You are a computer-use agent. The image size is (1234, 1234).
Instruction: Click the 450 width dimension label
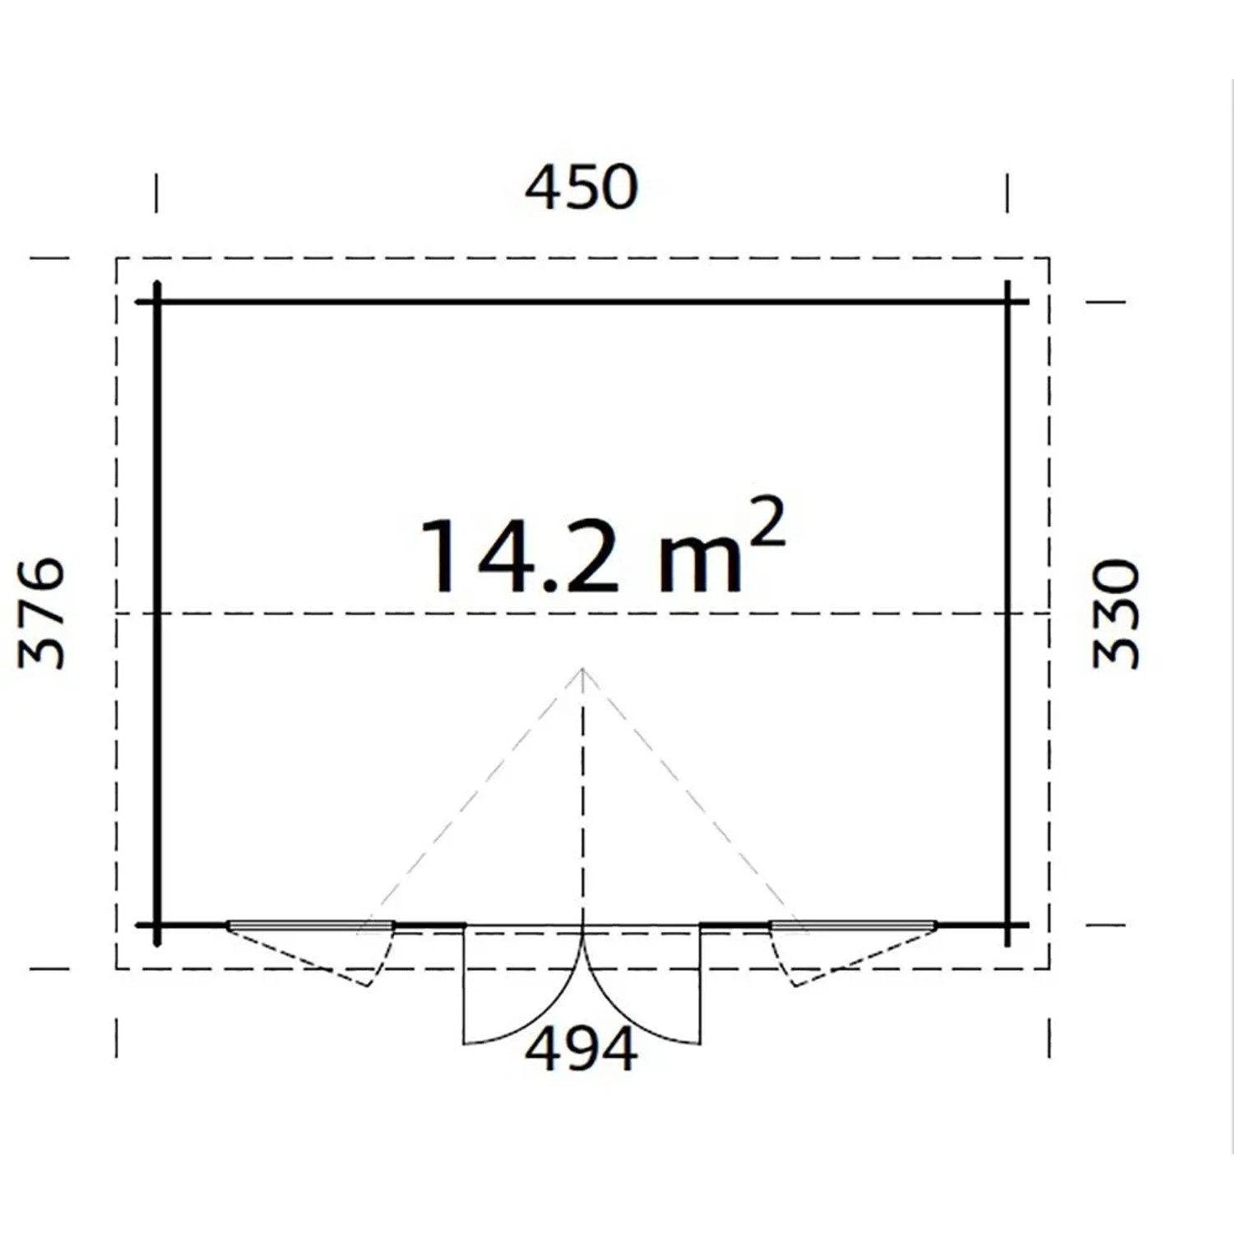[x=581, y=188]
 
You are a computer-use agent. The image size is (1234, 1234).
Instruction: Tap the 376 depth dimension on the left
[x=41, y=613]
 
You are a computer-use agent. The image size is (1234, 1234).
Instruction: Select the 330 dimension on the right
[x=1116, y=614]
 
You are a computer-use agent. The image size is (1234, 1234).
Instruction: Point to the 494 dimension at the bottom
[x=581, y=1049]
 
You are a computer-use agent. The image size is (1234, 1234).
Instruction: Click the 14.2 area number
[x=519, y=556]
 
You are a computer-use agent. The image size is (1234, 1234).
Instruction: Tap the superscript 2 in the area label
[x=767, y=522]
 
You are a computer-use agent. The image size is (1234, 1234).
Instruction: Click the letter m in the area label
[x=701, y=564]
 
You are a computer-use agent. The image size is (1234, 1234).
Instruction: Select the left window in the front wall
[x=311, y=926]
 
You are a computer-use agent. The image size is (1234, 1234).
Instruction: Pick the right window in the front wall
[x=853, y=926]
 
